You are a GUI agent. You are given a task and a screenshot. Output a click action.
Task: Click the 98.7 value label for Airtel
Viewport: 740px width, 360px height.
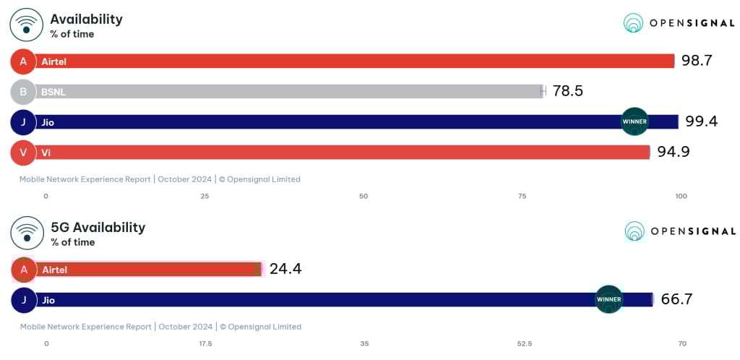[x=697, y=61]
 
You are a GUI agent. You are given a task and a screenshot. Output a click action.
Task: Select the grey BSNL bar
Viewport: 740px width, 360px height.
[x=289, y=92]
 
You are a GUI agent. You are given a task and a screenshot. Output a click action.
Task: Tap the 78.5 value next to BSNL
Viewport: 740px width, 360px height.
[x=567, y=91]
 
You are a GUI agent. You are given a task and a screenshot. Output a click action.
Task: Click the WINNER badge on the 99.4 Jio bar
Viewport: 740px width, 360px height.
[x=634, y=121]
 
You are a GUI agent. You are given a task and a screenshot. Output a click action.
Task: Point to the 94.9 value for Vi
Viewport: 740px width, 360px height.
[x=673, y=152]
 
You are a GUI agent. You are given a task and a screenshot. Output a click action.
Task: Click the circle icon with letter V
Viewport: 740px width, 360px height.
[x=23, y=153]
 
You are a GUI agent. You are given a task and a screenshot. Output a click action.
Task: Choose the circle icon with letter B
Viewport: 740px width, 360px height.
[x=23, y=92]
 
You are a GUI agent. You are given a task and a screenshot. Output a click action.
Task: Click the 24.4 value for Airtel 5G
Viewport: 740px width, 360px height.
[x=285, y=269]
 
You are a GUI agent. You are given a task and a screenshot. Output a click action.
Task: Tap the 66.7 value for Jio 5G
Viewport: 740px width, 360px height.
[x=676, y=299]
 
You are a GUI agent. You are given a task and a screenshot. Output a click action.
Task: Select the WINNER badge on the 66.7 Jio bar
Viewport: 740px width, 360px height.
[x=608, y=299]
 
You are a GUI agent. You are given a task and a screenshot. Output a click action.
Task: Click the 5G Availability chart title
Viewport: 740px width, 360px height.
[x=98, y=227]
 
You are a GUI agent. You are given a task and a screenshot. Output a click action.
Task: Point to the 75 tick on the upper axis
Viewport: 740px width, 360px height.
[x=522, y=197]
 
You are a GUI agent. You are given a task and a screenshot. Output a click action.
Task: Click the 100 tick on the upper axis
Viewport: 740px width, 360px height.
[x=680, y=197]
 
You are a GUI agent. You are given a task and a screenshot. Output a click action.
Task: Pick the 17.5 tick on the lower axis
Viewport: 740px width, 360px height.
[x=205, y=343]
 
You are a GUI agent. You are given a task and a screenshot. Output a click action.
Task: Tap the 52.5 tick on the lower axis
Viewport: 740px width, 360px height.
[x=524, y=343]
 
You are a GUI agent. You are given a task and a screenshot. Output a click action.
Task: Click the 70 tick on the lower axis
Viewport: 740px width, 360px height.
[x=681, y=343]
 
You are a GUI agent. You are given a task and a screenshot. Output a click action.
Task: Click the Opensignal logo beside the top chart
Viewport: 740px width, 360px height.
[x=679, y=23]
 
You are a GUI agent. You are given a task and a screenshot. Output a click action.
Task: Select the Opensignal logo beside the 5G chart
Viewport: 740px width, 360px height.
[x=679, y=231]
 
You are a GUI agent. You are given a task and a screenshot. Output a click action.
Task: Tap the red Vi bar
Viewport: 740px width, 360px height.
[x=340, y=153]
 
